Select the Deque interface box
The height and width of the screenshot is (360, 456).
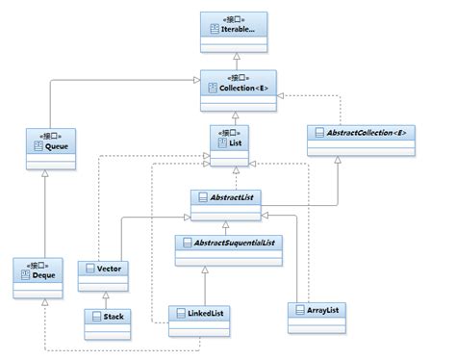tap(39, 274)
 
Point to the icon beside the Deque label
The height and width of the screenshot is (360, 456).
tap(26, 276)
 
